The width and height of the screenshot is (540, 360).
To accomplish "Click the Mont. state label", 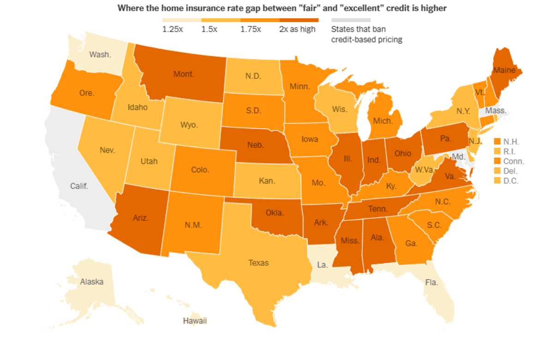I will click(x=184, y=74).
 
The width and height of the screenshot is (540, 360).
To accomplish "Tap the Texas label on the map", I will click(x=258, y=263).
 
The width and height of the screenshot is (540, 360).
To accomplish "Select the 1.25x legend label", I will click(x=173, y=30).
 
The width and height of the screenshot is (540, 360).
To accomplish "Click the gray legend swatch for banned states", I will click(x=351, y=20).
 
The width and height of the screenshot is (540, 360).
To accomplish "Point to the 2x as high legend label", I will click(x=297, y=30).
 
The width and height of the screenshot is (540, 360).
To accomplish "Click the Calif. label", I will click(x=79, y=186).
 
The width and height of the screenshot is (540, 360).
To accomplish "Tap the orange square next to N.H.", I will click(x=497, y=141).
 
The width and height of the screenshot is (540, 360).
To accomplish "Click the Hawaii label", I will click(x=195, y=321).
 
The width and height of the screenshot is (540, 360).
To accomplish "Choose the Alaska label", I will click(x=91, y=282).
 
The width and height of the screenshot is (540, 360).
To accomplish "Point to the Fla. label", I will click(x=432, y=282).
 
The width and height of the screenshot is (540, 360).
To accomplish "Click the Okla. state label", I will click(x=276, y=213).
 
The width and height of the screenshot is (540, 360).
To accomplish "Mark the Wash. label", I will click(x=100, y=54).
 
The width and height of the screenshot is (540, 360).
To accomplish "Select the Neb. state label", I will click(x=255, y=145).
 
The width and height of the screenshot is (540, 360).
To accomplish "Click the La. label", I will click(x=322, y=265).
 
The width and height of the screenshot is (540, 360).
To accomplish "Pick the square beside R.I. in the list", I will click(x=497, y=151).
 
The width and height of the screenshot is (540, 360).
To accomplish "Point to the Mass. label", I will click(x=496, y=111).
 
